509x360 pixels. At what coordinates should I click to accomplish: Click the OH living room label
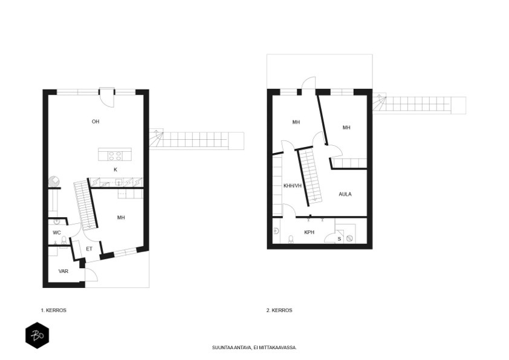96,122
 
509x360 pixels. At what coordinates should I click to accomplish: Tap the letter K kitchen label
115,169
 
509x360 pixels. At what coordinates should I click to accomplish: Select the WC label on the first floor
57,232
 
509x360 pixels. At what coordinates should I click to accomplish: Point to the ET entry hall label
89,249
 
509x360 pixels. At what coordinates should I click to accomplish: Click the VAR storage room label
63,271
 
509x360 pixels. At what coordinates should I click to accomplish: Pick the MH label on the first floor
121,217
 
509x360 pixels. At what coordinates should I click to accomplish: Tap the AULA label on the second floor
345,194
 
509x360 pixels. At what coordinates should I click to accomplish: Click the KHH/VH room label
293,186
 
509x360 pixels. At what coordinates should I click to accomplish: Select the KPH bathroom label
309,232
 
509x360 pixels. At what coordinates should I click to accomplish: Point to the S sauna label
339,239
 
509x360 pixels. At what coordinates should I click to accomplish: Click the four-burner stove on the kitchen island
115,156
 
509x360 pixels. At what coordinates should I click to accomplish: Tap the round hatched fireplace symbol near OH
54,182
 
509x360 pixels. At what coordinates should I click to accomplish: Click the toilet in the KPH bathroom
291,239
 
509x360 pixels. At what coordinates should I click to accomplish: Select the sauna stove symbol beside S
349,238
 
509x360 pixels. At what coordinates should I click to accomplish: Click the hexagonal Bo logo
37,335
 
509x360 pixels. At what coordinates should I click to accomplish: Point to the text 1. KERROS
54,310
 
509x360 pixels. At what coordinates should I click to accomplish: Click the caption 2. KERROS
279,310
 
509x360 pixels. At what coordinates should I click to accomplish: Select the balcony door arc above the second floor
310,80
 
